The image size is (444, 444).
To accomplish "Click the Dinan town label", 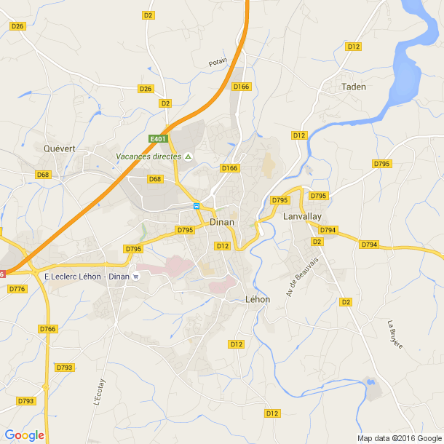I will (x=221, y=223).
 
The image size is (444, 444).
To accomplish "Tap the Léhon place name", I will (x=258, y=299).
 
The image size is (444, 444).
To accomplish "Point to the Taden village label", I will (x=354, y=87).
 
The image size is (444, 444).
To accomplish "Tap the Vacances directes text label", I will (x=148, y=156).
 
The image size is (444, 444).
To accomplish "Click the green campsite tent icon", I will (x=189, y=156).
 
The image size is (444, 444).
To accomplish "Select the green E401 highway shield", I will (x=159, y=139).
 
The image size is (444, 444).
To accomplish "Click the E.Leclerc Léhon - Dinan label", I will (x=87, y=277).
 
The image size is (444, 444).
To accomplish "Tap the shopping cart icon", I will (x=136, y=277).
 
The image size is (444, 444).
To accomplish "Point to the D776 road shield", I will (x=17, y=289).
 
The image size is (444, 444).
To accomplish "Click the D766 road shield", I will (x=48, y=329).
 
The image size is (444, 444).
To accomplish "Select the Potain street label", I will (x=218, y=63).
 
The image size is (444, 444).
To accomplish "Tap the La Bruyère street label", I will (x=395, y=334).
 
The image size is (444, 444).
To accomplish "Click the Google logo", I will (x=24, y=435).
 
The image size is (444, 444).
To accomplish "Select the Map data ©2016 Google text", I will (x=399, y=438).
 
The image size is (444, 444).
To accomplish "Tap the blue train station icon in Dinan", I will (x=196, y=206).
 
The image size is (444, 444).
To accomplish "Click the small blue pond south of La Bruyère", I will (x=371, y=381).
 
